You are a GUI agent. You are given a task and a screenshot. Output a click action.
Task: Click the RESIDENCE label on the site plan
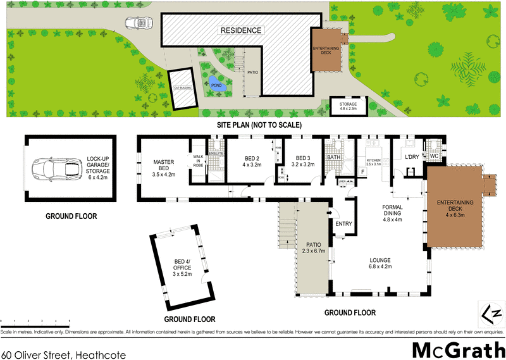pos(240,30)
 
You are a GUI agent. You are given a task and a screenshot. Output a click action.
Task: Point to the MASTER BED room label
pos(163,166)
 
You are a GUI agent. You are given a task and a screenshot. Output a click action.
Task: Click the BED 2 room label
pos(252,162)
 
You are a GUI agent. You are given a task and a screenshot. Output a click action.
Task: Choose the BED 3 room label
pos(302,162)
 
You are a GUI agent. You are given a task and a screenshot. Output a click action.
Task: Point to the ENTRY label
pos(343,223)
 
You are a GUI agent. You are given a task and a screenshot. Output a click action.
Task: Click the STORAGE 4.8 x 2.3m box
pos(348,106)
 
